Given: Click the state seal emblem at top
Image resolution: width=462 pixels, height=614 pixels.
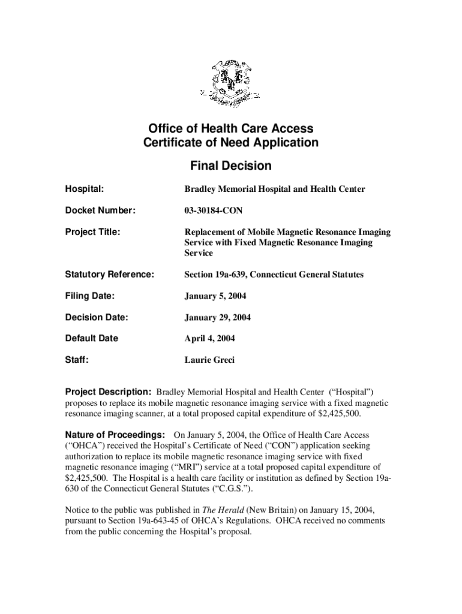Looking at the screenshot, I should [x=230, y=83].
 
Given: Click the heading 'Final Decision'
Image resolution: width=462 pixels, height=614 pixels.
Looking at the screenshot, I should [x=230, y=165].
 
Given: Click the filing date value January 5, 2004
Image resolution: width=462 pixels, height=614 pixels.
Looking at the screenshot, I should [x=215, y=296].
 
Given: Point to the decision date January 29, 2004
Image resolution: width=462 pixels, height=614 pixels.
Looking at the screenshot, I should [x=217, y=318].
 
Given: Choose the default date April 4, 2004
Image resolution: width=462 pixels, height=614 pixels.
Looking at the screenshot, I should [x=209, y=339].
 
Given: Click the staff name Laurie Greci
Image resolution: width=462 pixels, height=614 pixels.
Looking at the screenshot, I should [x=209, y=360].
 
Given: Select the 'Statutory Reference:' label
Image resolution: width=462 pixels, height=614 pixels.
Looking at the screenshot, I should [x=110, y=275].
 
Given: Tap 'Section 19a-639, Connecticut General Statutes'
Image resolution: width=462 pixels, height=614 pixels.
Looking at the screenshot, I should [x=274, y=275].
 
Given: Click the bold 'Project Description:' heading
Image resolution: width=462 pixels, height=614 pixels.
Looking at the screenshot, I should [x=108, y=392].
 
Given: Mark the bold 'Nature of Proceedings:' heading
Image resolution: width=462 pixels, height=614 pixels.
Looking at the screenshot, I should [x=115, y=434].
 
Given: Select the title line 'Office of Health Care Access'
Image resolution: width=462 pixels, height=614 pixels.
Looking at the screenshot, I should [x=230, y=128].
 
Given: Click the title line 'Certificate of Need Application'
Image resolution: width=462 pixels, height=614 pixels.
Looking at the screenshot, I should [x=230, y=143].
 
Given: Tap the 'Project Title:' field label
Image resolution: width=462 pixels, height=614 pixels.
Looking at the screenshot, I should [x=92, y=232].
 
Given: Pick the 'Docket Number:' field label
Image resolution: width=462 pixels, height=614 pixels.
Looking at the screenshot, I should [x=100, y=210].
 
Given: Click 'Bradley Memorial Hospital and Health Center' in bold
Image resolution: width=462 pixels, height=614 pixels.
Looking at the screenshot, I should [x=274, y=189].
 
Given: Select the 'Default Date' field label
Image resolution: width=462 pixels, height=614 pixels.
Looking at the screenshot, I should [x=91, y=339].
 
